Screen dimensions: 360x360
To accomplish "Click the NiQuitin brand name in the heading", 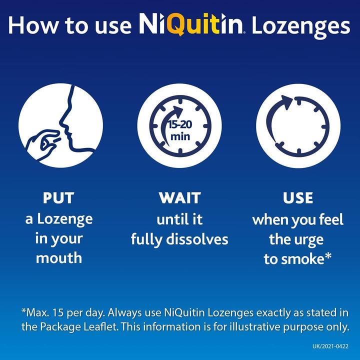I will click(x=190, y=25).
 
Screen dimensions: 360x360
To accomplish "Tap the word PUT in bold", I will click(x=58, y=198).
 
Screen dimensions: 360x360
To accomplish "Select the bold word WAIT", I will click(x=179, y=198).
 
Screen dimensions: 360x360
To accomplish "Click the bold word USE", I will click(x=298, y=198).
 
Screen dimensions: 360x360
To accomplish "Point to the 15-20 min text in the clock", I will click(x=179, y=130).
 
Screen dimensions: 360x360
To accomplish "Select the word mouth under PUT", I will click(x=58, y=258).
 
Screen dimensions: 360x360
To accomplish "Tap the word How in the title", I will click(x=29, y=26).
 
